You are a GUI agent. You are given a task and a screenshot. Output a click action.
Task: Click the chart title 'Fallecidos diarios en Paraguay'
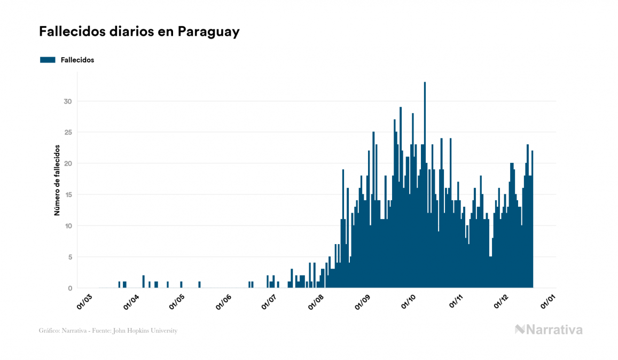139,32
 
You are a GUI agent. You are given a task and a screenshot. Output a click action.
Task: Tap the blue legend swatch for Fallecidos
48,60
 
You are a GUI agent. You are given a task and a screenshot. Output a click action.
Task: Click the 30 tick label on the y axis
67,101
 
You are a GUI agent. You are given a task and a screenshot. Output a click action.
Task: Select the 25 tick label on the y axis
67,132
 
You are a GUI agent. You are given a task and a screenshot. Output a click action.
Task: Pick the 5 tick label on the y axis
69,257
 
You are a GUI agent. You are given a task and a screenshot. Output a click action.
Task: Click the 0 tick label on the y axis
69,288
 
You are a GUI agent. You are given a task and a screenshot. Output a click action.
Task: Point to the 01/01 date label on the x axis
549,302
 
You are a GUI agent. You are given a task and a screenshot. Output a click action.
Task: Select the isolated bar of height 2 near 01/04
144,281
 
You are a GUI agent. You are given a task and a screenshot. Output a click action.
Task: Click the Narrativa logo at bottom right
549,330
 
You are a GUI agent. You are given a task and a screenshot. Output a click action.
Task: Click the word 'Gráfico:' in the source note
50,331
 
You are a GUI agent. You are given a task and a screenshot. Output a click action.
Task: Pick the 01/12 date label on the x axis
502,302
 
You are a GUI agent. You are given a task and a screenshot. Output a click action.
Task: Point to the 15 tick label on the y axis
67,195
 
